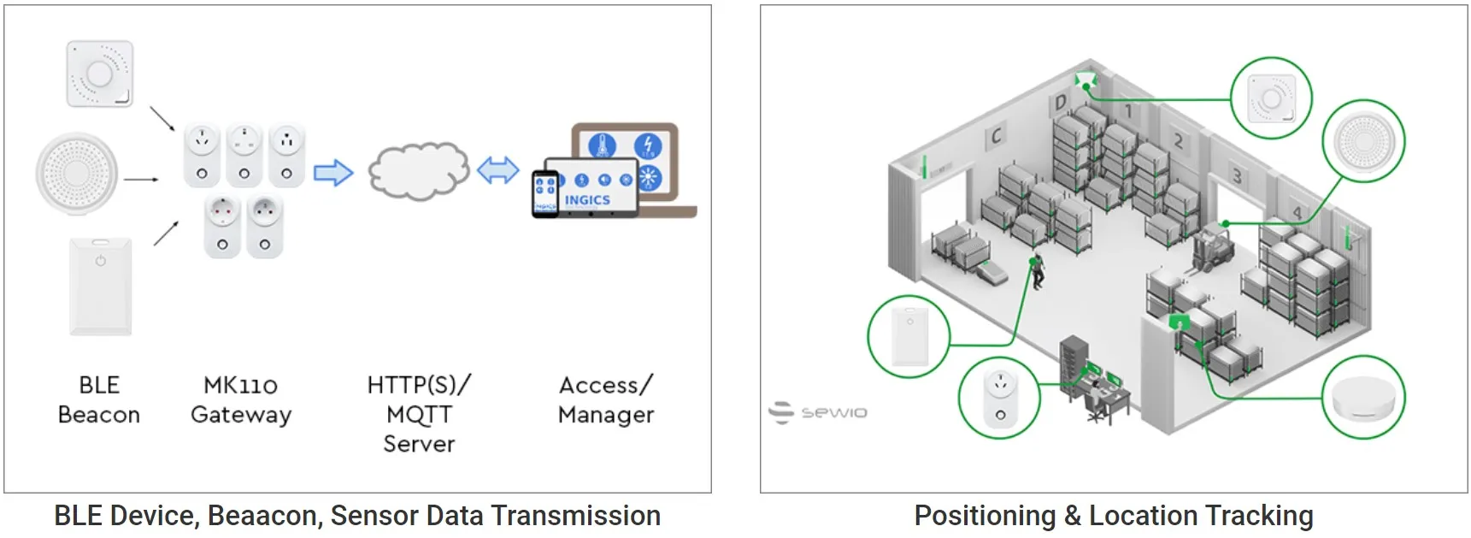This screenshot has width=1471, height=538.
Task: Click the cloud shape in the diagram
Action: [418, 171]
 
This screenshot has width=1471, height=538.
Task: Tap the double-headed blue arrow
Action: [497, 170]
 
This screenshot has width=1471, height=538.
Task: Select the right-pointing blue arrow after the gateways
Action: [333, 173]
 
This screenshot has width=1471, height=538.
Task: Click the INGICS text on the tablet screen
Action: [587, 200]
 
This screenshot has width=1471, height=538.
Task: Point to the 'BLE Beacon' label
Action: [99, 399]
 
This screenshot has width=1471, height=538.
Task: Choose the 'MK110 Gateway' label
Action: [241, 399]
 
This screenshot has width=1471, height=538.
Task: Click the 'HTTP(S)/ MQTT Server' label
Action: [419, 414]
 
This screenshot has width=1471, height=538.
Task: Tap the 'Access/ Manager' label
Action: [605, 399]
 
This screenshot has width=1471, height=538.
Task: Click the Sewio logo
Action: [818, 412]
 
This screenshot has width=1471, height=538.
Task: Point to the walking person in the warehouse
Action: [1038, 270]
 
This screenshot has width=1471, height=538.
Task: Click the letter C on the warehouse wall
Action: [996, 136]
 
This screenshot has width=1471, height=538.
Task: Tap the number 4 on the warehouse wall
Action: [1297, 212]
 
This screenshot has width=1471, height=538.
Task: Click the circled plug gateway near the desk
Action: [999, 399]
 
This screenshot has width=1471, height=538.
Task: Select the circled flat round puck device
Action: [1363, 398]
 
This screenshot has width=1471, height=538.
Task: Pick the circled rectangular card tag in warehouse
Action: [909, 337]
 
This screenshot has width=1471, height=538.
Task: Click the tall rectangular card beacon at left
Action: [101, 286]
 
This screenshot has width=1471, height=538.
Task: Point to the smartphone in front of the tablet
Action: [544, 194]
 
